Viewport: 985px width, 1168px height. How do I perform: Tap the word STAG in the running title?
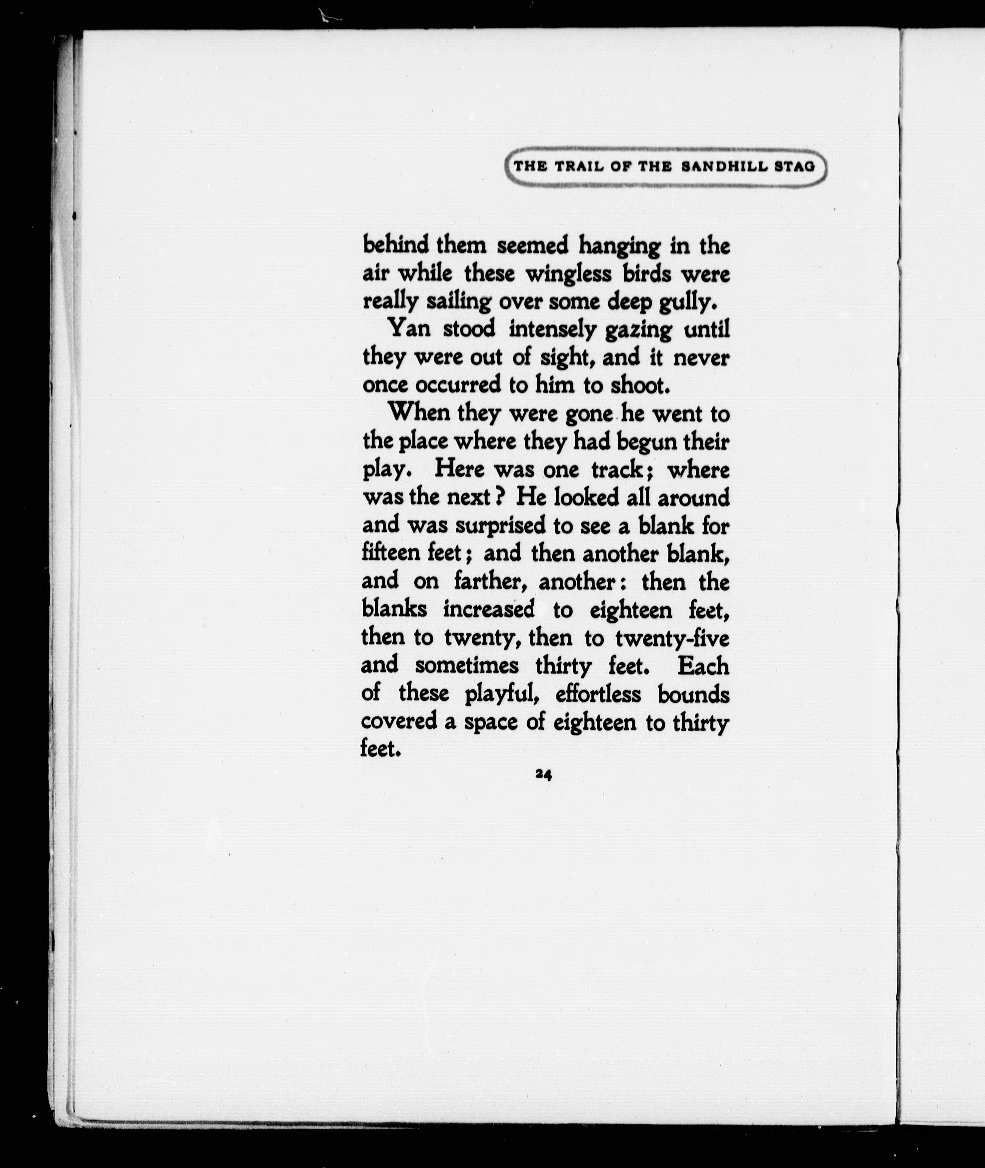pyautogui.click(x=795, y=167)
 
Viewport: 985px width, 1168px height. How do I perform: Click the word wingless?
pyautogui.click(x=569, y=275)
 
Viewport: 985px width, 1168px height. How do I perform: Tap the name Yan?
pyautogui.click(x=409, y=329)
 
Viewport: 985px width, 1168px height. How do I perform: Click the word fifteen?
pyautogui.click(x=391, y=553)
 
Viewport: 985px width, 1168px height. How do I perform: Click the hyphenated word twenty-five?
pyautogui.click(x=672, y=638)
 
